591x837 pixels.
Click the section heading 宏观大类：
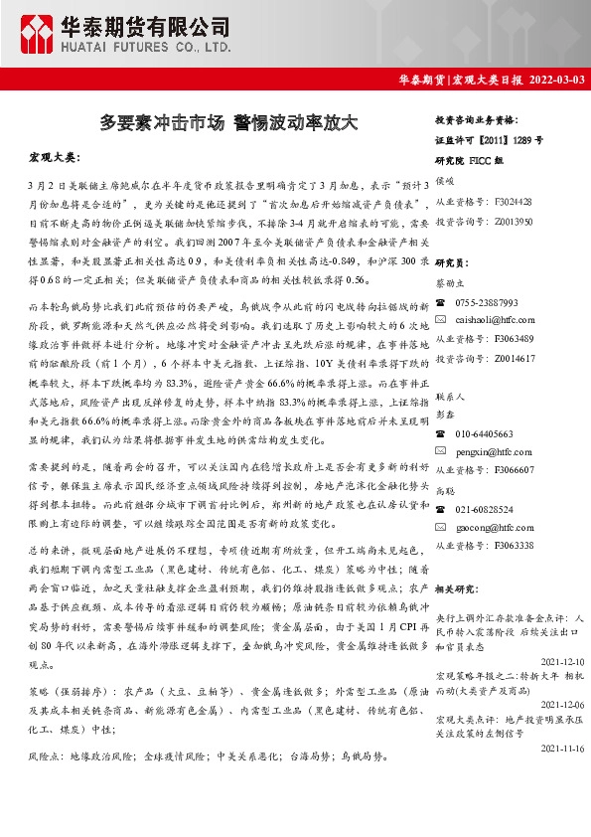tap(60, 158)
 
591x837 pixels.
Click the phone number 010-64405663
tap(485, 434)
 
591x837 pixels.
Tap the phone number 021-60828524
tap(485, 509)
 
